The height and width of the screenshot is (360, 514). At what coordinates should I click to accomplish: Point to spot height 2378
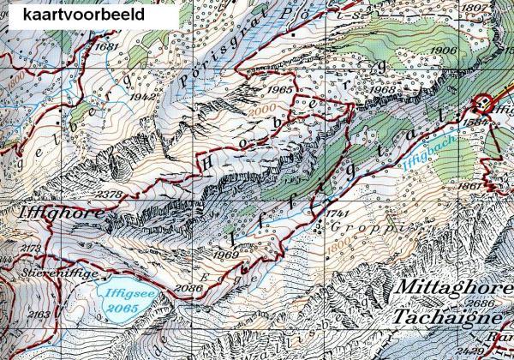tap(108, 195)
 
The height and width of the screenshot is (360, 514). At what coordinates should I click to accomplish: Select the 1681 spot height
tap(105, 46)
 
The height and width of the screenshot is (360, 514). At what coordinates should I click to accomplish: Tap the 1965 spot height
tap(279, 89)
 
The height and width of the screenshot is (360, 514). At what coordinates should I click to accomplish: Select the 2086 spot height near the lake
tap(189, 289)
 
